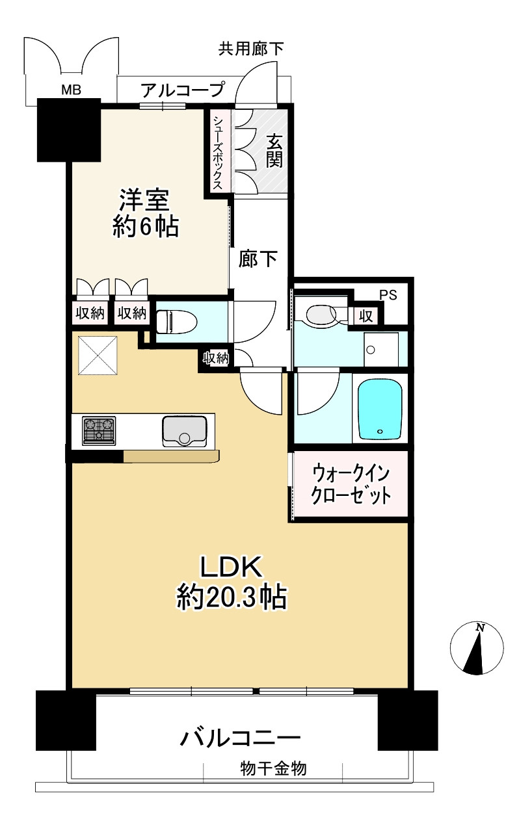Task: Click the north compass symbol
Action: tap(477, 649)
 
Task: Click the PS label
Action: tap(388, 295)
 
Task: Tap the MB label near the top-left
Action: tap(71, 90)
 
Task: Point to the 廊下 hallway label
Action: tap(258, 259)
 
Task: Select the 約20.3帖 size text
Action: tap(232, 597)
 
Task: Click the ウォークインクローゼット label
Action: tap(352, 484)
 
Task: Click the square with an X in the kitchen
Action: tap(98, 355)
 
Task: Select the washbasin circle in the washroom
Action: tap(371, 350)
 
